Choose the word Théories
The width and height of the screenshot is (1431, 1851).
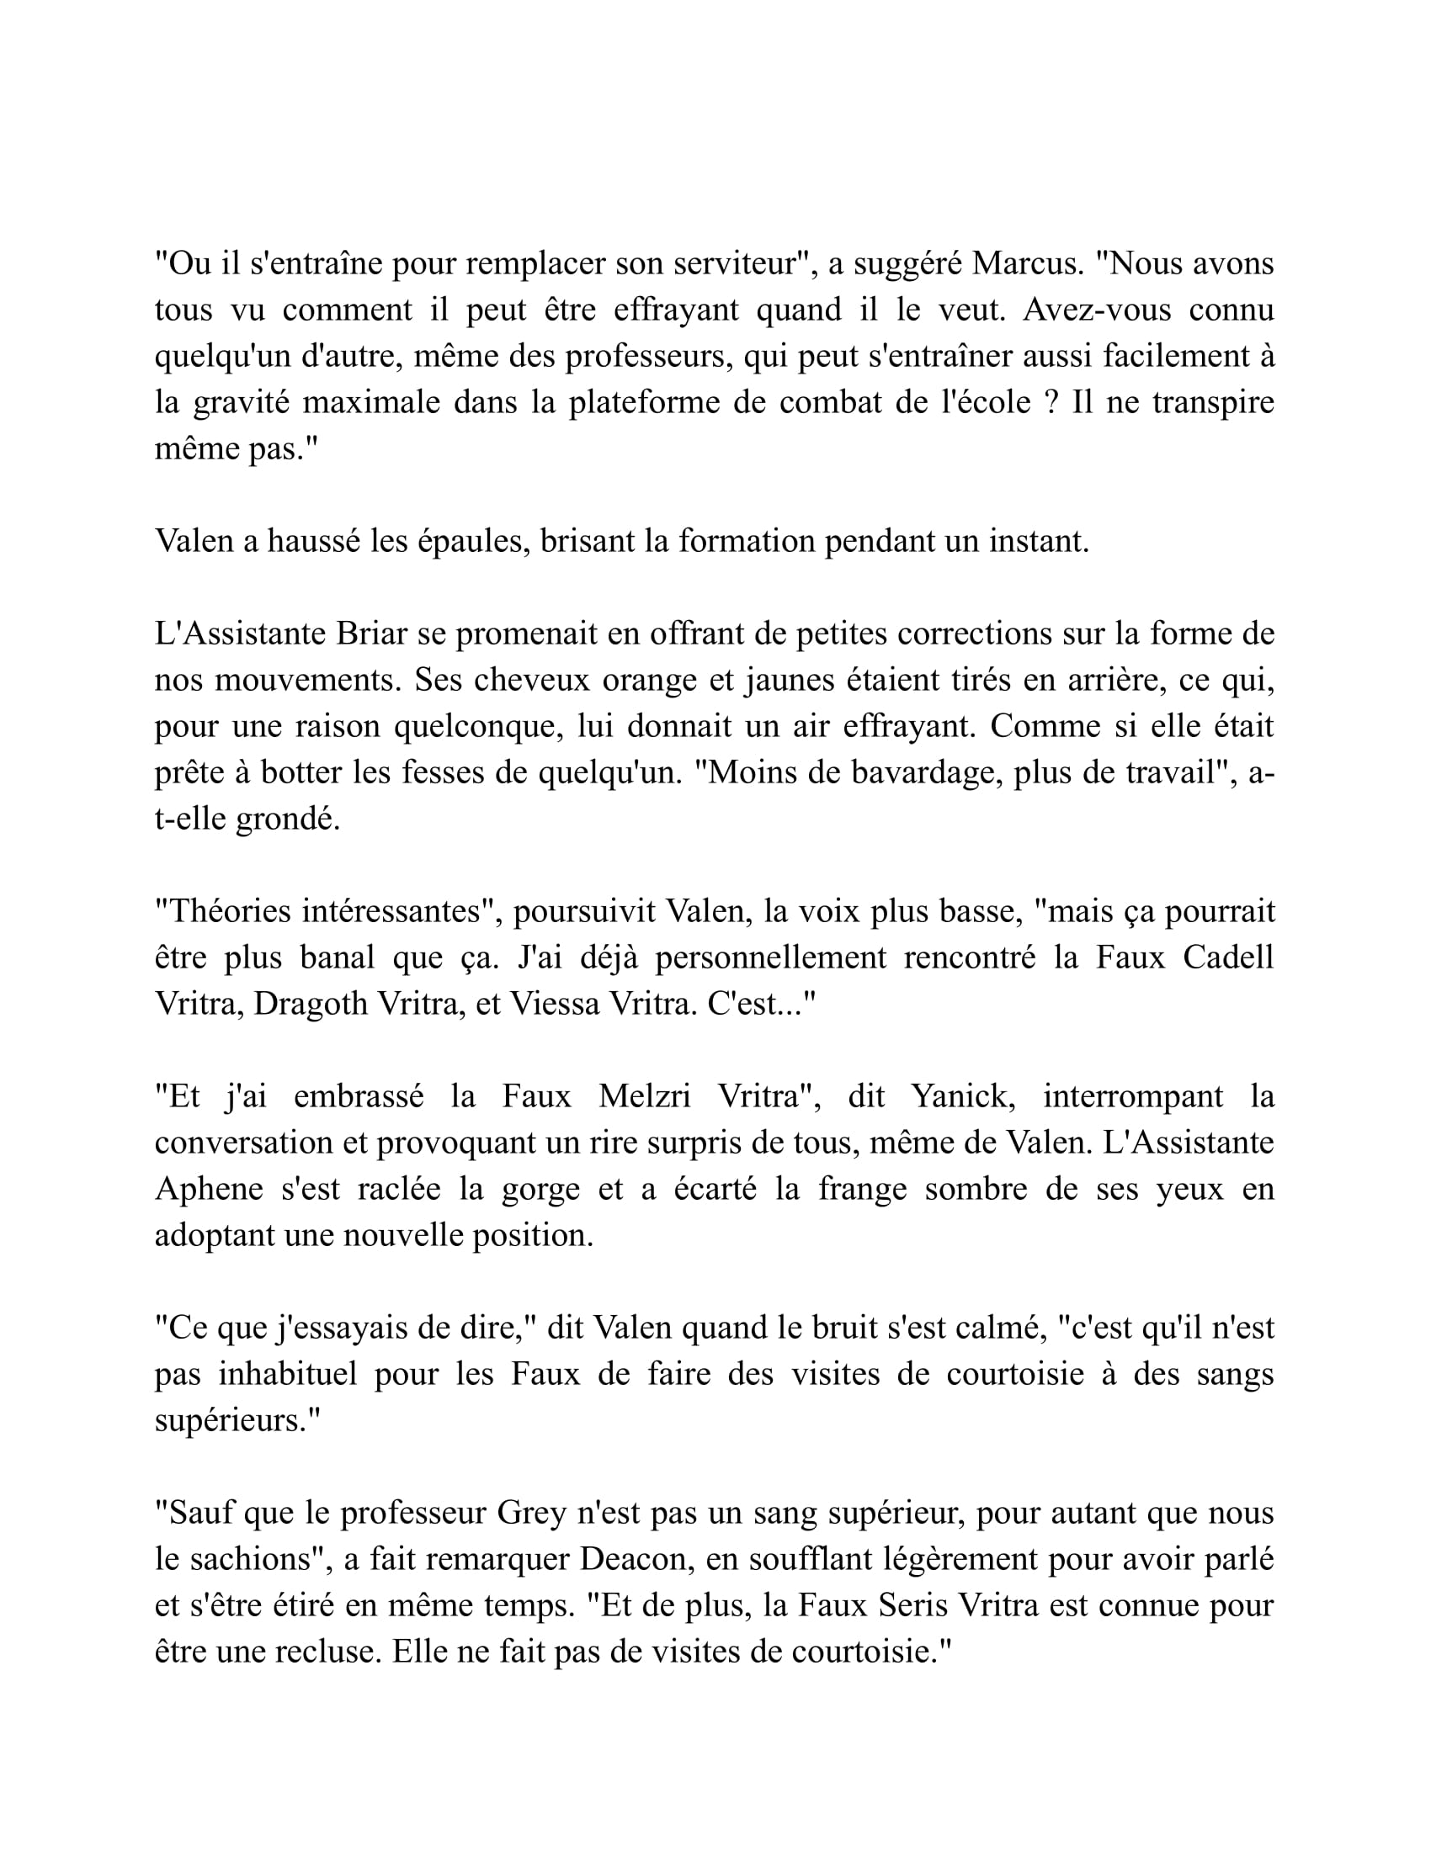coord(231,911)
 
